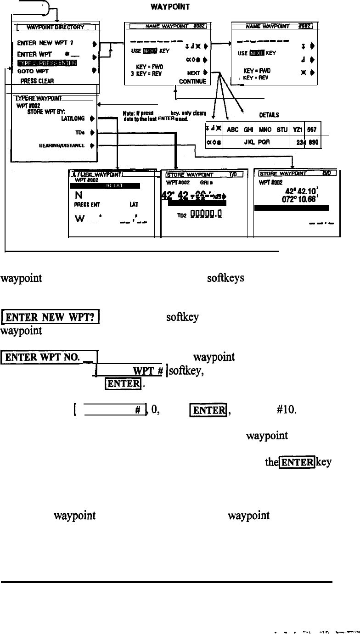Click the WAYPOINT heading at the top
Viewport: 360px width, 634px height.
[168, 7]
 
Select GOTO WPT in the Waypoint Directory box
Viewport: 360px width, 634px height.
[33, 71]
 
